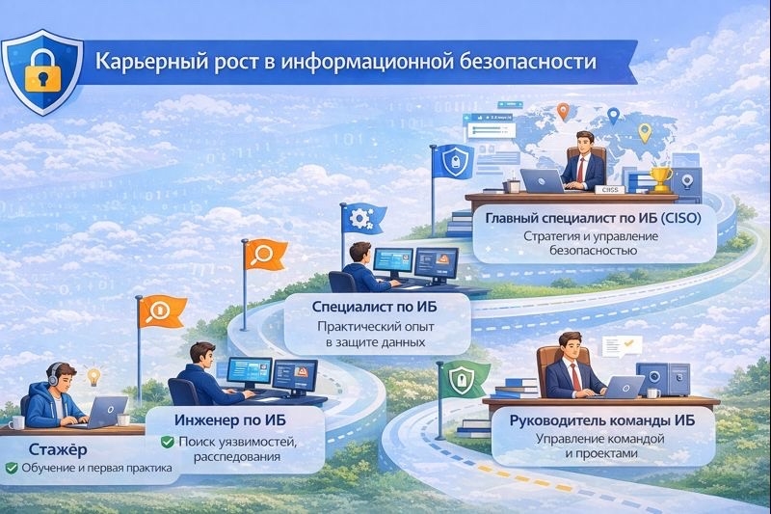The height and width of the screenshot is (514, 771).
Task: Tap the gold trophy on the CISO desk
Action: (660, 179)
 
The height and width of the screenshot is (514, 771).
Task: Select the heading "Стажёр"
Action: (58, 449)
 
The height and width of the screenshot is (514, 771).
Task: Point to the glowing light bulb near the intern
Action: (93, 376)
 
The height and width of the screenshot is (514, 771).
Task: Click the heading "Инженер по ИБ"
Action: (229, 420)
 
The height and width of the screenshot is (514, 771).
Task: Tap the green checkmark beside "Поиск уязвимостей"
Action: (167, 442)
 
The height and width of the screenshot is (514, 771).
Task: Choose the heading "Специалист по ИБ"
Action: (374, 307)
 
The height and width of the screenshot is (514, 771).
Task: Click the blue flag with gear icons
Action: (363, 219)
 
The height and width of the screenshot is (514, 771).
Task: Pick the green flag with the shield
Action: (463, 379)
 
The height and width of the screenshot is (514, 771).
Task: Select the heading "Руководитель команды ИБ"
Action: (601, 421)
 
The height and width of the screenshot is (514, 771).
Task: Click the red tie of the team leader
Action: (575, 377)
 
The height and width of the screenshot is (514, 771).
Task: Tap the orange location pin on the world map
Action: (563, 112)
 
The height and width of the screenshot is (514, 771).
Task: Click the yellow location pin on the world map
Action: (644, 133)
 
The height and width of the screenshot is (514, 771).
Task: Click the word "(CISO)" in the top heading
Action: (681, 218)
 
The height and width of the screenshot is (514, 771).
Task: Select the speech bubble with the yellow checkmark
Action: (622, 346)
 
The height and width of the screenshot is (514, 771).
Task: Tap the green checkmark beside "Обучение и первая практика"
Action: (12, 468)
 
